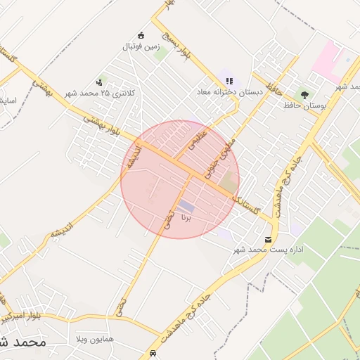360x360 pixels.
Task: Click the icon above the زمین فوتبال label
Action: point(141,36)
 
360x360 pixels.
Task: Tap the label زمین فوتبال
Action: point(142,46)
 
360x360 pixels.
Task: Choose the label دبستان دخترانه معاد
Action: point(230,91)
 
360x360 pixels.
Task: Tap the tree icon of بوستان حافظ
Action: point(304,94)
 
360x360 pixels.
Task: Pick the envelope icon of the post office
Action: point(268,240)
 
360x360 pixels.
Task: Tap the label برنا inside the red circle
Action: point(186,219)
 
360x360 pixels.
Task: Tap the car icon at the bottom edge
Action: point(153,354)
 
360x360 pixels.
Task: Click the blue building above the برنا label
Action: point(186,206)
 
